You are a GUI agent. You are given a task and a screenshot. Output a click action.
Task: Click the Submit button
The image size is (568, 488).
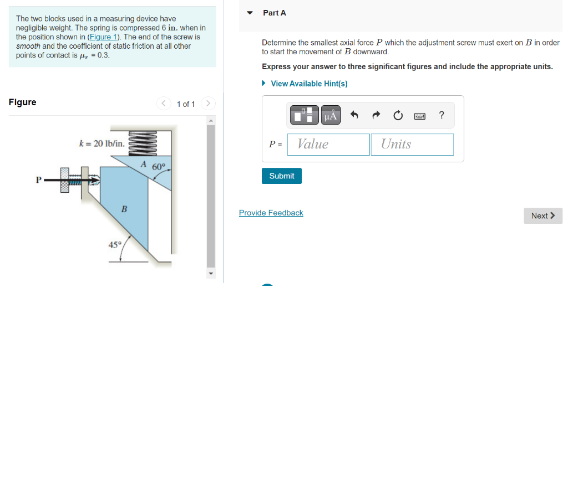(281, 176)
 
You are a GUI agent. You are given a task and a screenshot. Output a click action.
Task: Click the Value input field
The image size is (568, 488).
(328, 145)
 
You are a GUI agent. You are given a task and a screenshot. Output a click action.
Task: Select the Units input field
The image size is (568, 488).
(412, 145)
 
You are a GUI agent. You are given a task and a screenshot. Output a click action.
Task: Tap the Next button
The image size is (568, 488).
(543, 215)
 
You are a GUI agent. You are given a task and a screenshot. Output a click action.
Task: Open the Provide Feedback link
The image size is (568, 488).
(271, 213)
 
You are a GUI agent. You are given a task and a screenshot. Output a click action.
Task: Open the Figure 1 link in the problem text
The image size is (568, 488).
(104, 37)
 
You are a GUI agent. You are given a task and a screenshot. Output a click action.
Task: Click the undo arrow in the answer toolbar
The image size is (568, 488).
(354, 115)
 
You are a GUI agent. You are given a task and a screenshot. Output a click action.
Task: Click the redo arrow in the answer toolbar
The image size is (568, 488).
(377, 115)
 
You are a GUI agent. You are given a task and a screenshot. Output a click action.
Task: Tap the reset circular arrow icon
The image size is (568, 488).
(398, 115)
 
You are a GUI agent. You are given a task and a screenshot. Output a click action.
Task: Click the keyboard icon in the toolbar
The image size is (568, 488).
(420, 116)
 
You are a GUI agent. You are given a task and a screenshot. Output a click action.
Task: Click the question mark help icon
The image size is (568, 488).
(442, 115)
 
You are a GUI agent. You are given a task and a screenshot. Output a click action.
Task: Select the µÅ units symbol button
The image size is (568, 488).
(331, 115)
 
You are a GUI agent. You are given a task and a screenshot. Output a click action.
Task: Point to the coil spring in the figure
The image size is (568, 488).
(143, 143)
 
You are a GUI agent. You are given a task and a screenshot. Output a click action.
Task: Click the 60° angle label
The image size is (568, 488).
(159, 167)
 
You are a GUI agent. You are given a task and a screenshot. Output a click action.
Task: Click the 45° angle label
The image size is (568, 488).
(115, 245)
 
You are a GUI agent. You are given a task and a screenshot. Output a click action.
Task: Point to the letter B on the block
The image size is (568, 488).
(124, 209)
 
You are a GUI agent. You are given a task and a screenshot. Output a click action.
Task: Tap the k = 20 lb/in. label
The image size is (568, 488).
(102, 143)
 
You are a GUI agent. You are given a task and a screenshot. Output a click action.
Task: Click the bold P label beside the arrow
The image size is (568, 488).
(39, 180)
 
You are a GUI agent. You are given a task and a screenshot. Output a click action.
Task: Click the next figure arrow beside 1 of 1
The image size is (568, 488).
(209, 104)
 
